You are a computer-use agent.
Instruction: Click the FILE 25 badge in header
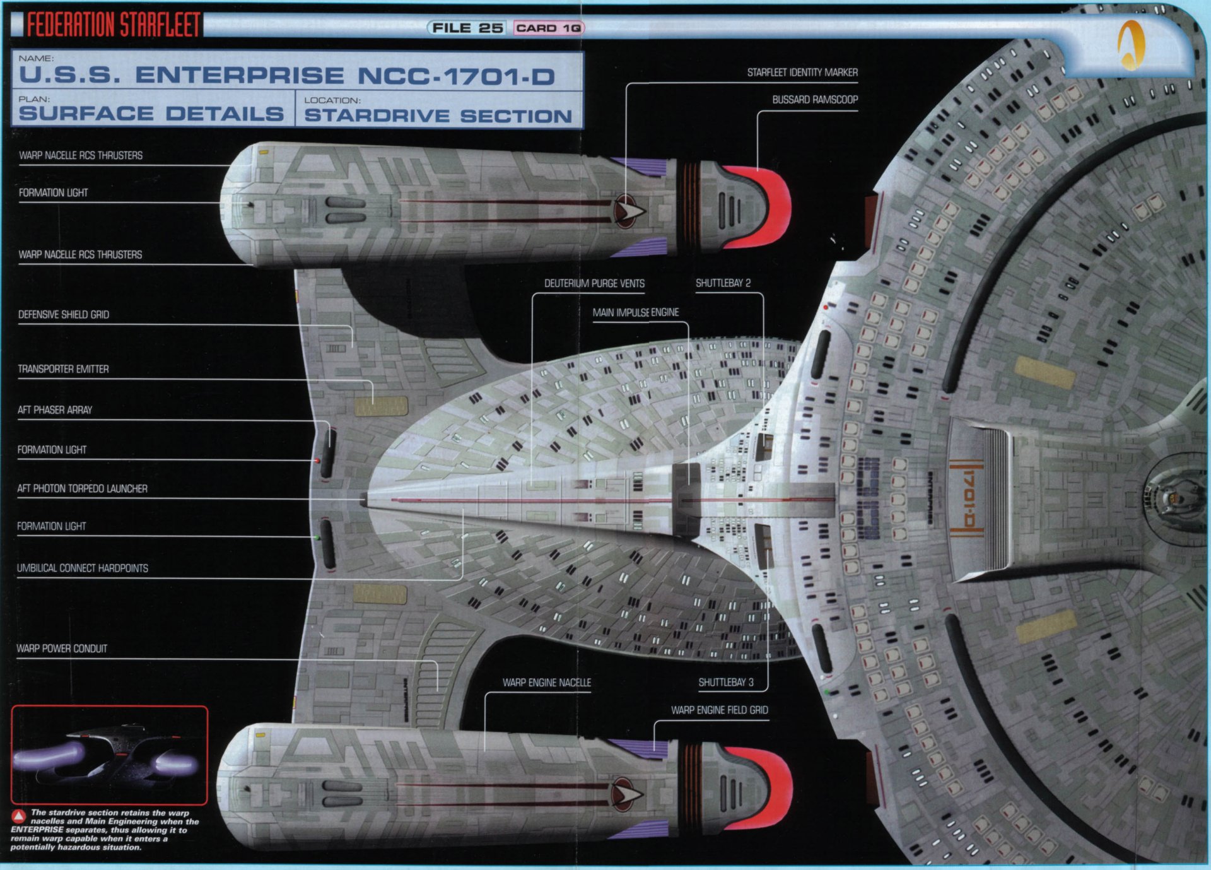pos(467,28)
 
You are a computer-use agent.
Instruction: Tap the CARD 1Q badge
pos(548,28)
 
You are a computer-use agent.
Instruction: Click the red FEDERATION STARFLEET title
pos(114,25)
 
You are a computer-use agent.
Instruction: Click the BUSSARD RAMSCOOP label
pos(814,100)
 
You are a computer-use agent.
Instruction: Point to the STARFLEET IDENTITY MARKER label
pos(802,73)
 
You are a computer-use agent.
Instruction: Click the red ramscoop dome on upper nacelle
pos(773,205)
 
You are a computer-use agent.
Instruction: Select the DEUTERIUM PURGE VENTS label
pos(594,283)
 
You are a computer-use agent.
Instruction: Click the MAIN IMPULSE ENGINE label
pos(635,312)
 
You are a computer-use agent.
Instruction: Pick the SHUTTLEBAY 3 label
pos(725,682)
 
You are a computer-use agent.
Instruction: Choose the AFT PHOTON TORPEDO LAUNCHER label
pos(82,488)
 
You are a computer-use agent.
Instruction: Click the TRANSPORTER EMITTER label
pos(63,369)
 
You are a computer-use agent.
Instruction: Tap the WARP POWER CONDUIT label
pos(62,649)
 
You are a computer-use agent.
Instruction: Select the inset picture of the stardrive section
pos(109,755)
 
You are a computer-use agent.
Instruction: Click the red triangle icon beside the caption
pos(19,816)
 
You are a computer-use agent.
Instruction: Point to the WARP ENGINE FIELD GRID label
pos(719,710)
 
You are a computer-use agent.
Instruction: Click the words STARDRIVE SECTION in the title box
pos(438,116)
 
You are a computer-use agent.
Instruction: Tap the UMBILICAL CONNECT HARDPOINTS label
pos(83,568)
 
